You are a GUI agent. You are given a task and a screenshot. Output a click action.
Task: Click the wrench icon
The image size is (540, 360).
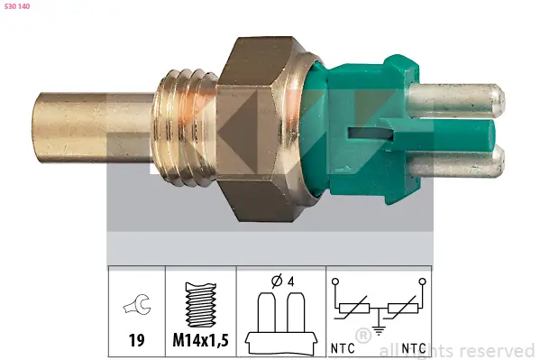point(135,305)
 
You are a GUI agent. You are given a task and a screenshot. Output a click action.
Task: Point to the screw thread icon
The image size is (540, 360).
point(199,303)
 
